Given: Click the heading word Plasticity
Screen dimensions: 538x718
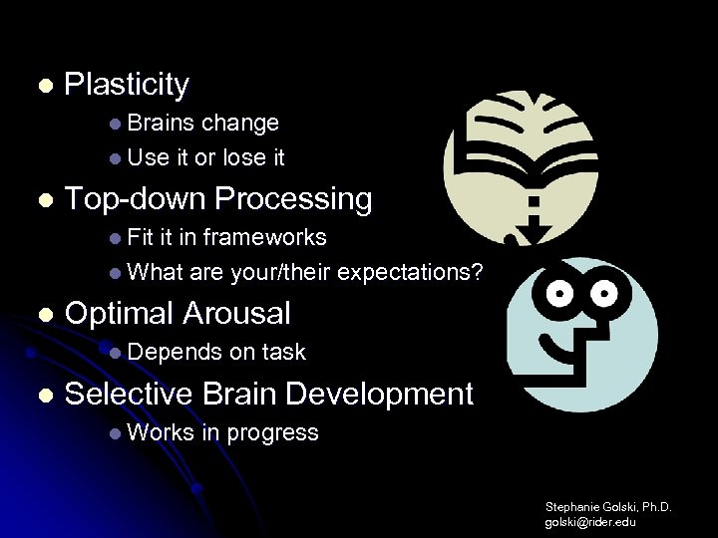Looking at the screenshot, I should tap(126, 86).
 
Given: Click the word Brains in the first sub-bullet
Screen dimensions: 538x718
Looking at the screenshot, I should tap(162, 124).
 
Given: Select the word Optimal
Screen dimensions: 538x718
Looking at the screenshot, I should tap(119, 314).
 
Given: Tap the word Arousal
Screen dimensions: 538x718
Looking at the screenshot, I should tap(236, 314).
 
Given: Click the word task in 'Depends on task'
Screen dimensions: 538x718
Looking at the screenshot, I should tap(284, 353).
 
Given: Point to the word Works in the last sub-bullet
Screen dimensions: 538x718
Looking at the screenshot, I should tap(160, 432).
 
